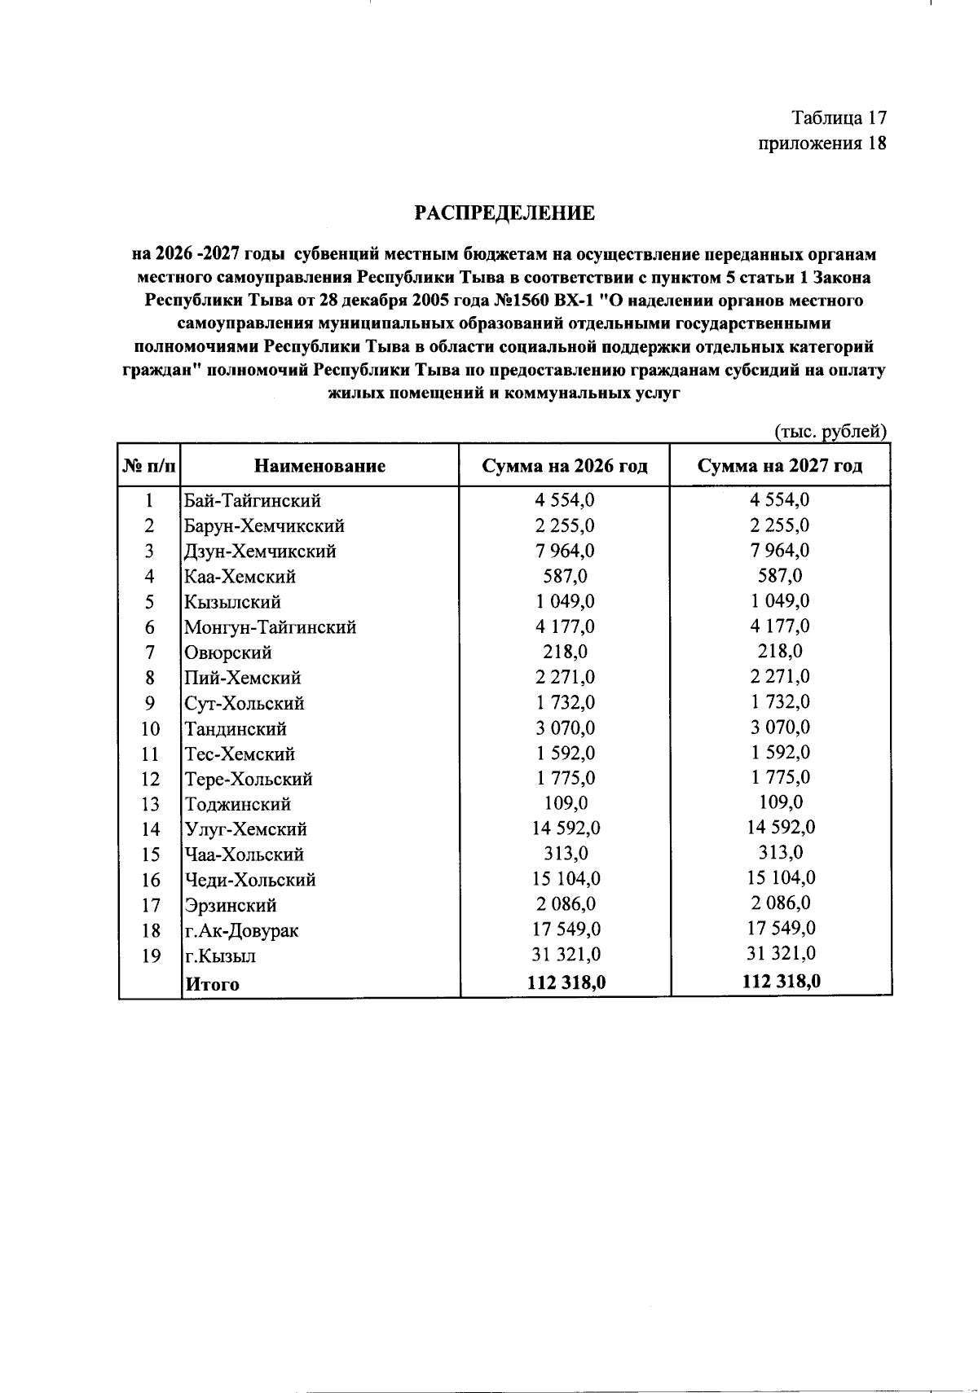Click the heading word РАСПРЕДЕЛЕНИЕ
click(x=504, y=213)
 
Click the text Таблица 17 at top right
click(x=839, y=118)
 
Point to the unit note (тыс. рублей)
click(x=830, y=432)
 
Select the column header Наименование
click(x=319, y=466)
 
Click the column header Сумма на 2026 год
click(x=564, y=466)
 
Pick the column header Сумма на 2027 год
click(x=780, y=466)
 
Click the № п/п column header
click(x=149, y=466)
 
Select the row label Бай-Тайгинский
click(x=253, y=500)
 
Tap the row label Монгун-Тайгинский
click(x=270, y=627)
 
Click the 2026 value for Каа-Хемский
click(x=565, y=577)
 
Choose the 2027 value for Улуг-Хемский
click(x=781, y=828)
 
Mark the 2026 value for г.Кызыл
click(x=565, y=955)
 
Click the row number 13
click(x=150, y=804)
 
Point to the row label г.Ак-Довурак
click(x=241, y=930)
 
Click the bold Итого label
click(x=213, y=984)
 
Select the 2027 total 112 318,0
click(x=781, y=982)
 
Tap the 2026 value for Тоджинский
click(x=565, y=804)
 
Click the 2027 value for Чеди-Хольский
click(x=781, y=878)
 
